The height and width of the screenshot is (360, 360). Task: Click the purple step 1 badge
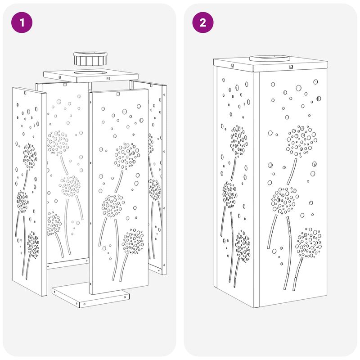pyautogui.click(x=22, y=22)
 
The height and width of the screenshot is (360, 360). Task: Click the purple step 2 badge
pyautogui.click(x=203, y=22)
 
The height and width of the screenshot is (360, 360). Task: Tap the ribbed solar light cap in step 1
pyautogui.click(x=90, y=59)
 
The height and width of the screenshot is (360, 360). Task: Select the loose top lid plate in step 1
pyautogui.click(x=91, y=76)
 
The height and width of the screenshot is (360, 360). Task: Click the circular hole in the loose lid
pyautogui.click(x=90, y=73)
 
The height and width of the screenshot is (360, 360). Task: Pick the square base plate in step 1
pyautogui.click(x=90, y=296)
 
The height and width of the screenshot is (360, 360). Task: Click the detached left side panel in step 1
pyautogui.click(x=30, y=191)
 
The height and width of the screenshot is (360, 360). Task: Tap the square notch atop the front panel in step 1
pyautogui.click(x=118, y=94)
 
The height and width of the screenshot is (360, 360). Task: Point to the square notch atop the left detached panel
pyautogui.click(x=25, y=93)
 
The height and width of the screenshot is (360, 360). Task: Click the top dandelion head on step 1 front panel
pyautogui.click(x=127, y=156)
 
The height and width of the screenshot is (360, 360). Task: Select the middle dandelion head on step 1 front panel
pyautogui.click(x=113, y=206)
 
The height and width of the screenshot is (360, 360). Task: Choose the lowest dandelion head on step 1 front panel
pyautogui.click(x=133, y=241)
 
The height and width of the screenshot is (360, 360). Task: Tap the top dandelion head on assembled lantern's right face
pyautogui.click(x=301, y=141)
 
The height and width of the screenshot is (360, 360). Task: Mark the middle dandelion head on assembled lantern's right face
pyautogui.click(x=285, y=200)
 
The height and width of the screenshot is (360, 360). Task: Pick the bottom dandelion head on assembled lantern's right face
pyautogui.click(x=308, y=243)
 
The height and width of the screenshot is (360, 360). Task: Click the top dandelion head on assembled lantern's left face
pyautogui.click(x=239, y=141)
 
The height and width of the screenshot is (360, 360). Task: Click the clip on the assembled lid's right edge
pyautogui.click(x=291, y=67)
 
